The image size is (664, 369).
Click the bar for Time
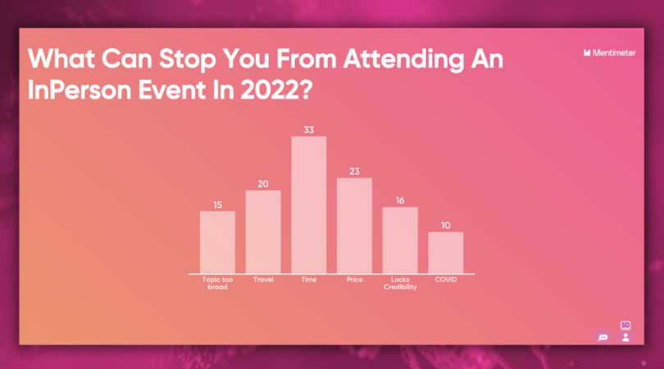coord(309,205)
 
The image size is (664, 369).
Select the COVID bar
coord(445,253)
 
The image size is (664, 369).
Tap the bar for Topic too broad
coord(218,243)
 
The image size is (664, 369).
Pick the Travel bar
coord(263,232)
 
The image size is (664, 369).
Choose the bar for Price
coord(354,225)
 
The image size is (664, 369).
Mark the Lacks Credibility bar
coord(400,240)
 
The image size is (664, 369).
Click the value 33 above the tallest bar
coord(309,130)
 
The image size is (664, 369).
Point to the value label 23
coord(354,171)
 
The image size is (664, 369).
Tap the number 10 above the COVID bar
coord(445,225)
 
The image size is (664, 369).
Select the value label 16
coord(400,200)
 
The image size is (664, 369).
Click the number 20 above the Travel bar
coord(263,184)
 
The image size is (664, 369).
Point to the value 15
coord(218,205)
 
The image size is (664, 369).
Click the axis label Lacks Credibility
coord(400,283)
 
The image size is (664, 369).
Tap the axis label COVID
coord(446,280)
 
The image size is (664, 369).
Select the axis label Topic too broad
coord(218,283)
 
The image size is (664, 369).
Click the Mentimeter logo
coord(609,53)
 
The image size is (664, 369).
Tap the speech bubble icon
coord(603,337)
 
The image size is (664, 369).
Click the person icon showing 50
coord(625,332)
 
